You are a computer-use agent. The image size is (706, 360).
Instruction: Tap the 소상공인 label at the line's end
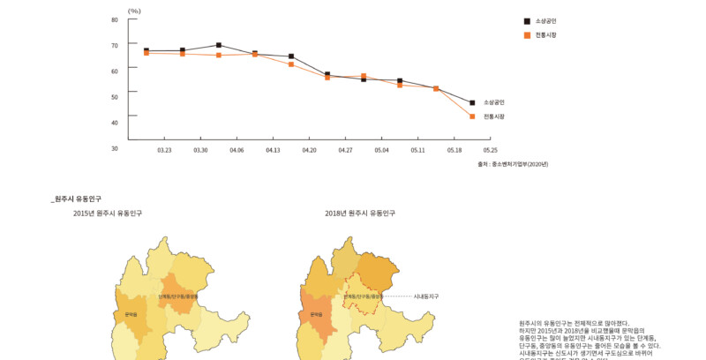(493, 102)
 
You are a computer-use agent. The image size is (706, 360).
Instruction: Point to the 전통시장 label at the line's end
(493, 116)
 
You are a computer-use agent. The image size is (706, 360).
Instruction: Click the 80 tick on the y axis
(115, 19)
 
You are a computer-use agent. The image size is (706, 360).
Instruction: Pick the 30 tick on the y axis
(115, 148)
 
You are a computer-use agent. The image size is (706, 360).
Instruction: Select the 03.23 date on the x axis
(164, 151)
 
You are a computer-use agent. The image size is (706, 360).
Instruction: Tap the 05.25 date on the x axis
(490, 151)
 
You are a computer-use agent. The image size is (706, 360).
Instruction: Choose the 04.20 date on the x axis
(309, 151)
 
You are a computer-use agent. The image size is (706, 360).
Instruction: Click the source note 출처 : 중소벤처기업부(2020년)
(512, 164)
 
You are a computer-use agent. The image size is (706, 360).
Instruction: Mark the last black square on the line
(473, 103)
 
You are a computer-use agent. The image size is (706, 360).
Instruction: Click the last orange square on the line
(473, 116)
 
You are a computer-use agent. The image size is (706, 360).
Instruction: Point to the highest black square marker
(218, 45)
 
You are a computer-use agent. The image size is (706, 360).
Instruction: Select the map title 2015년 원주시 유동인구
(108, 214)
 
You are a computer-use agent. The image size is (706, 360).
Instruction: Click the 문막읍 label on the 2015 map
(131, 314)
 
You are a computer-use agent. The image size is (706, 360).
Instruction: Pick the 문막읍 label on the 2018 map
(315, 314)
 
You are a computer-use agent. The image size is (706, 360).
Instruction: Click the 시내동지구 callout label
(425, 296)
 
